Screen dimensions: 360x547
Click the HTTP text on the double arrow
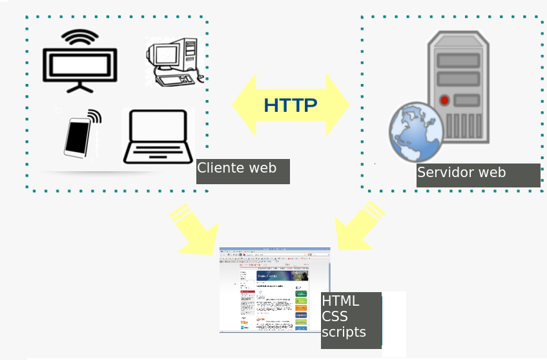[291, 105]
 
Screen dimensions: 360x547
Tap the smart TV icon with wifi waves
[80, 65]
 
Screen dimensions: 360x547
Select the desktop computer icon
[173, 62]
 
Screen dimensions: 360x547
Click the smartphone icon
[77, 136]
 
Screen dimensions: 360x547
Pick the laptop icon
[158, 137]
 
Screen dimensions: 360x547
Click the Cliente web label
[237, 168]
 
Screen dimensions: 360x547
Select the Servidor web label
[461, 173]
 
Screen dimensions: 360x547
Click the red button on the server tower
[444, 100]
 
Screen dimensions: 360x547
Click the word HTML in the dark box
[340, 301]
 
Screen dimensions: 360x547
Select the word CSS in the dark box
[335, 317]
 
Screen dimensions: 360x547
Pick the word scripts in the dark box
[344, 332]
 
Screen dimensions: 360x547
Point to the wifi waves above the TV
[80, 38]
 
